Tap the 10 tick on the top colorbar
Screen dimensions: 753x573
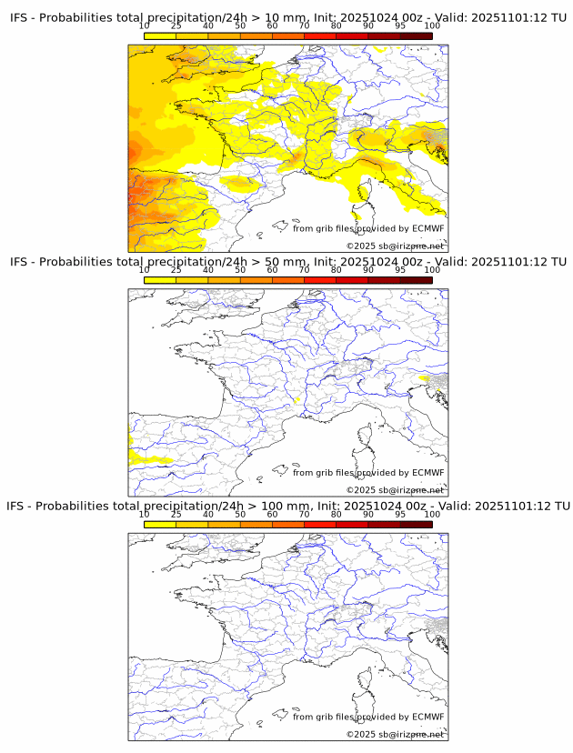[x=145, y=25]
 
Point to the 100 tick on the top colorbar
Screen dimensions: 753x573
[x=432, y=25]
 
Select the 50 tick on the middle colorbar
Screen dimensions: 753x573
[x=240, y=270]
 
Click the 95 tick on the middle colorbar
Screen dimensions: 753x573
[x=400, y=270]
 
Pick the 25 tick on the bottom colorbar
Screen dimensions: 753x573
[x=176, y=514]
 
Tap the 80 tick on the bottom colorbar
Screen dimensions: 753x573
[x=337, y=514]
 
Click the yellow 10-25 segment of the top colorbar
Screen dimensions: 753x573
[x=160, y=35]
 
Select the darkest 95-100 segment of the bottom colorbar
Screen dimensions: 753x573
[x=416, y=524]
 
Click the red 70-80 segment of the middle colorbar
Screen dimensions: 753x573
[x=320, y=280]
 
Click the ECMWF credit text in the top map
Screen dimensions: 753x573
[x=368, y=228]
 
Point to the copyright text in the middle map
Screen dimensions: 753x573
[x=395, y=490]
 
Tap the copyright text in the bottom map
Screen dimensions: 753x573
[x=395, y=734]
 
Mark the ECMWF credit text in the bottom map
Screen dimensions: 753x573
[x=368, y=716]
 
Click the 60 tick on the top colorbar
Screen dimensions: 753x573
[x=272, y=25]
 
